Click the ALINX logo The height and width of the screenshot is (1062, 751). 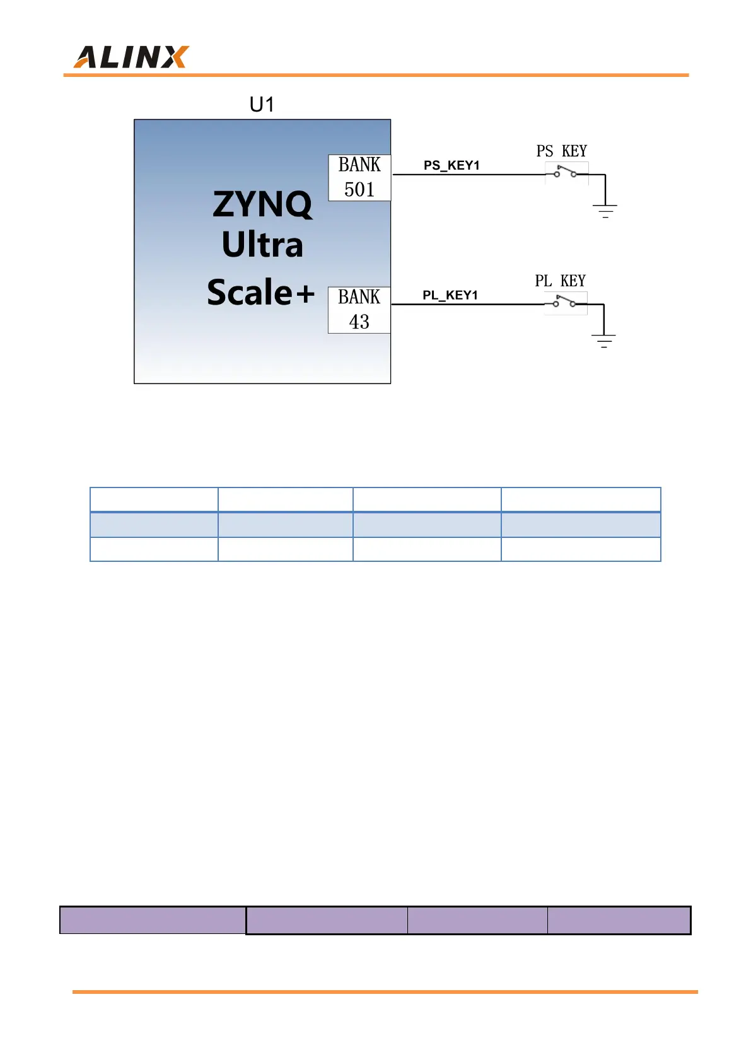(131, 57)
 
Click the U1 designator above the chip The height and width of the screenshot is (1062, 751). (262, 104)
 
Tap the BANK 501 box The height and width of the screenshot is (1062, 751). (359, 177)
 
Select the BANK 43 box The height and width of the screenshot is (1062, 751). (359, 310)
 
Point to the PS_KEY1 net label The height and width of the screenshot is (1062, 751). (451, 165)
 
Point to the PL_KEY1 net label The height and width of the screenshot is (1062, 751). (450, 295)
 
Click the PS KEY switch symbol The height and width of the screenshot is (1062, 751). (566, 172)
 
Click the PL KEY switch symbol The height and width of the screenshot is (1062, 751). (565, 302)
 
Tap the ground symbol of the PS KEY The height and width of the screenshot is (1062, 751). (605, 210)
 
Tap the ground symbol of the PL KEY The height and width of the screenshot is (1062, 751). (603, 340)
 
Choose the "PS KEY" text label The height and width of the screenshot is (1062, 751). (562, 151)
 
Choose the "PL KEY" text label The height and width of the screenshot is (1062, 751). (561, 281)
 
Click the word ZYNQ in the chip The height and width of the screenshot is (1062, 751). (262, 204)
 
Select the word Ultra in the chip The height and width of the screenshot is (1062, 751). (262, 245)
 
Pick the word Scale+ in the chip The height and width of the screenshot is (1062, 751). (260, 292)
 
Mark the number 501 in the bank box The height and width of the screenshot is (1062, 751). (359, 190)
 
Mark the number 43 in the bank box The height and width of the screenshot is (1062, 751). (359, 322)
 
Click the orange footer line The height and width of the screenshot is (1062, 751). (385, 992)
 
